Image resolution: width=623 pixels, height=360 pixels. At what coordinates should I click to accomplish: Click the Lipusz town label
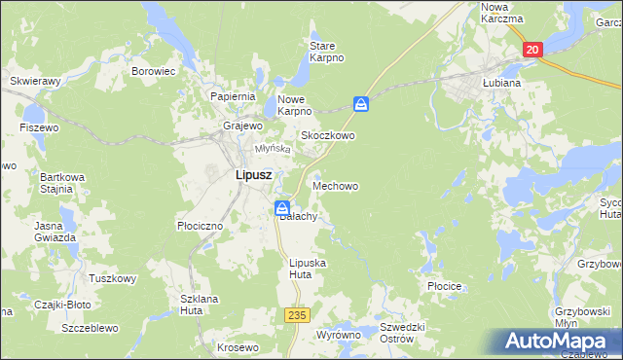pos(252,175)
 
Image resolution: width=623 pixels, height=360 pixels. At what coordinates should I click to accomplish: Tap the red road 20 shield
pos(531,51)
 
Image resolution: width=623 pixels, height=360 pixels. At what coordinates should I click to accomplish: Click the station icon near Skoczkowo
pos(361,103)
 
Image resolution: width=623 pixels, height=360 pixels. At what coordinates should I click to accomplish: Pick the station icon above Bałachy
pos(281,207)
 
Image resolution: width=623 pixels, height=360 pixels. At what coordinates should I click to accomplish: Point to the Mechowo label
pos(337,185)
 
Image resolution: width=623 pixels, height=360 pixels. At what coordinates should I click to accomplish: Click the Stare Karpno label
pos(326,52)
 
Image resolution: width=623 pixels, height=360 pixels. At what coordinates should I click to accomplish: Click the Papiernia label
pos(233,96)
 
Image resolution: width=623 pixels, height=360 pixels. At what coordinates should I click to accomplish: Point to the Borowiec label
pos(153,71)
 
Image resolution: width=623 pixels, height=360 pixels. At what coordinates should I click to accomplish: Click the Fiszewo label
pos(39,127)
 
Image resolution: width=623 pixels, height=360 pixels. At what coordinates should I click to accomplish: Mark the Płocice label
pos(443,287)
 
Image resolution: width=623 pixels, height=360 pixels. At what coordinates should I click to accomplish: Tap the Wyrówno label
pos(338,335)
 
